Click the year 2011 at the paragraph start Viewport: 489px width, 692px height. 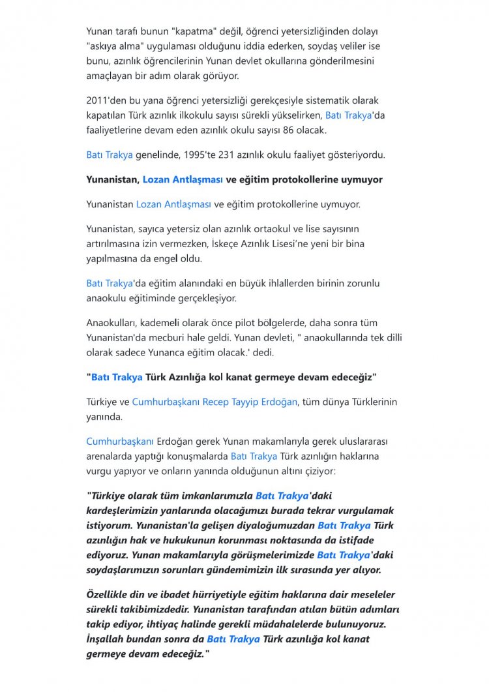coord(98,101)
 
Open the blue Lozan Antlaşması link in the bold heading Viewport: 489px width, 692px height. coord(183,179)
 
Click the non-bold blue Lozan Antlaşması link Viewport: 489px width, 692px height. coord(173,204)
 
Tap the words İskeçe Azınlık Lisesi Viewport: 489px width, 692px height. coord(232,244)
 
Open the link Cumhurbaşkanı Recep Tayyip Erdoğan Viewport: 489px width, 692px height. coord(215,402)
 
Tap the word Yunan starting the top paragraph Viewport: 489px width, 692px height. coord(99,31)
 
